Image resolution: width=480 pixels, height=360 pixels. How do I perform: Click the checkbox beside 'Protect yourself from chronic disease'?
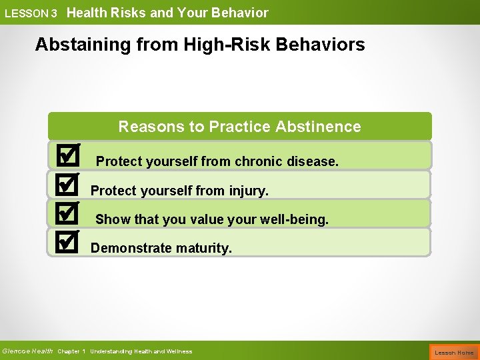tap(67, 156)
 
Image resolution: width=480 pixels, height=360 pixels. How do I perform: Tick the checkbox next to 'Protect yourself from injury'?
tap(67, 185)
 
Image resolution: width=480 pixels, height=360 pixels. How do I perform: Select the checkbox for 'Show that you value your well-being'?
tap(67, 214)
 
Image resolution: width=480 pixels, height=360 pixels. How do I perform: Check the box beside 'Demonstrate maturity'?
tap(67, 243)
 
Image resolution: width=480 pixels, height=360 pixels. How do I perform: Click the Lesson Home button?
tap(454, 352)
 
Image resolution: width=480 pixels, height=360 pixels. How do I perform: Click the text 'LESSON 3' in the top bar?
tap(31, 13)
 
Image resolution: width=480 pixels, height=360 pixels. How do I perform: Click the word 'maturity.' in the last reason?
tap(204, 248)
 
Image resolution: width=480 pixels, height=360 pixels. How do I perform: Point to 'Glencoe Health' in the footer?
tap(27, 351)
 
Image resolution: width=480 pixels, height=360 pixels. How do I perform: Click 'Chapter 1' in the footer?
tap(71, 351)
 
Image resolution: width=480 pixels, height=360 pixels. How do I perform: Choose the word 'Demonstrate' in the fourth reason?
tap(131, 248)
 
